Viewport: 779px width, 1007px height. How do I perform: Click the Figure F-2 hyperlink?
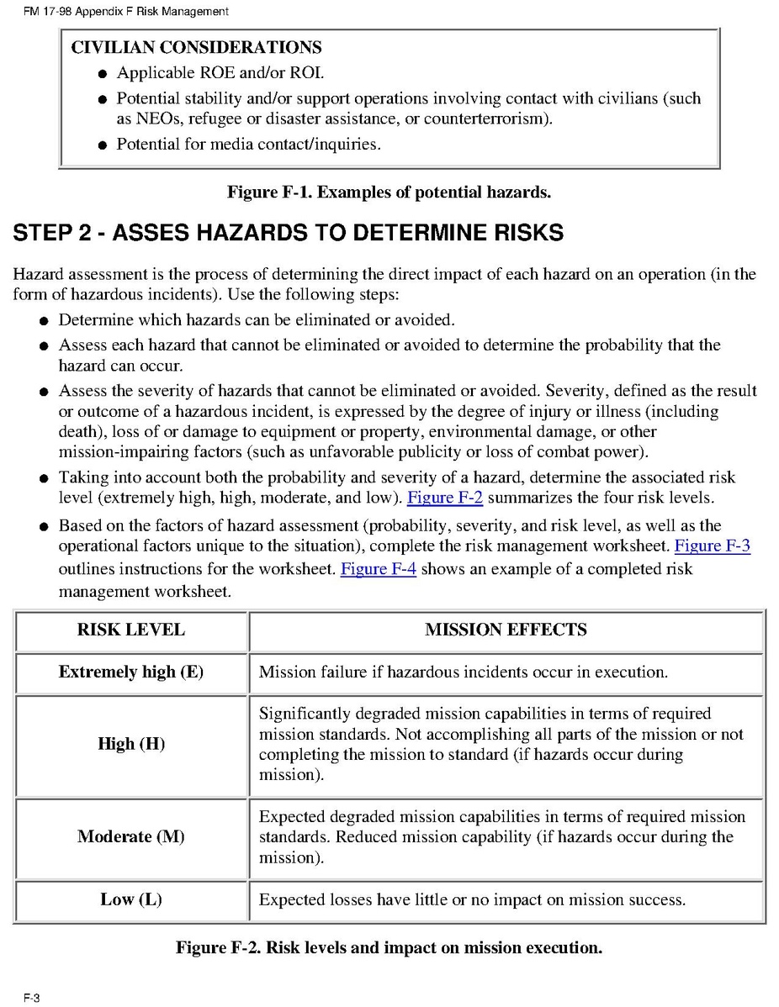444,498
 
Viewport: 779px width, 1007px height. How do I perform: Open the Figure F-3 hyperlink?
713,546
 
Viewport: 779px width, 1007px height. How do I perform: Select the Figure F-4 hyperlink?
378,568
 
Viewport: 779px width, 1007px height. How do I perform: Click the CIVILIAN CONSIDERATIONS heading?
196,47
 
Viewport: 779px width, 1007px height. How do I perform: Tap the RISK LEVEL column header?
131,630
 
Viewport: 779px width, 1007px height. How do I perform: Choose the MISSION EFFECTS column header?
506,630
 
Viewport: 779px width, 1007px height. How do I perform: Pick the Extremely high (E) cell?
131,672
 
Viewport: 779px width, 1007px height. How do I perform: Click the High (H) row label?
131,744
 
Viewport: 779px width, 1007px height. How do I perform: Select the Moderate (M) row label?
131,836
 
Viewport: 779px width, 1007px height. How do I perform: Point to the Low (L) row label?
131,899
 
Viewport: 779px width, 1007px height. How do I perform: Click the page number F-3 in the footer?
32,998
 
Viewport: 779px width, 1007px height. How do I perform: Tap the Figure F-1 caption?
389,192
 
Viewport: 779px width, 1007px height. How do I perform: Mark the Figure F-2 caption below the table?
389,947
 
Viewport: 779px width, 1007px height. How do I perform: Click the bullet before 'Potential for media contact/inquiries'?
101,145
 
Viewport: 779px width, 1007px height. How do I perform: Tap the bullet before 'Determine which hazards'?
43,321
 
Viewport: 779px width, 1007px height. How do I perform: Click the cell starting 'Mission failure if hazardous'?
464,672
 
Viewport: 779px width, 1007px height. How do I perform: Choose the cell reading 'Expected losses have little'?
472,899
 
